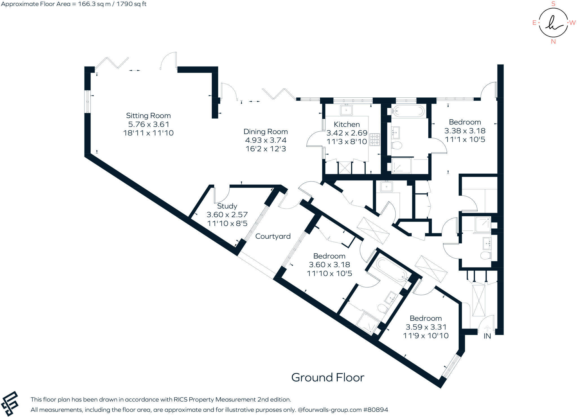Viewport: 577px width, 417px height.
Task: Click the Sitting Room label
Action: (148, 116)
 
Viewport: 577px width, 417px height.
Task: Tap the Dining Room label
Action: (265, 132)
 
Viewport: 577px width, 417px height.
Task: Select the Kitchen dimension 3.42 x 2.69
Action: (347, 133)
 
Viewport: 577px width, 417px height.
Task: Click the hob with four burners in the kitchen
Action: (375, 139)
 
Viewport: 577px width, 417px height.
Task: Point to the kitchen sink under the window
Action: (346, 110)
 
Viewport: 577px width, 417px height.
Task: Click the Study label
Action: (227, 206)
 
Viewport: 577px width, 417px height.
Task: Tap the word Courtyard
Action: (273, 236)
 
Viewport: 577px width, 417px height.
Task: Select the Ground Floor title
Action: (328, 377)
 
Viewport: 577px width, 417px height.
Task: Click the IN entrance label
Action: (487, 336)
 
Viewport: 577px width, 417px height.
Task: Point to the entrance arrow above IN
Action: (487, 328)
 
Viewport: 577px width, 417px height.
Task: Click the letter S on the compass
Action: (553, 4)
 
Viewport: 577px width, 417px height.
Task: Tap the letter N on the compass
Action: (553, 41)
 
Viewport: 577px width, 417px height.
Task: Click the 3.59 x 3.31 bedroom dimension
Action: (426, 327)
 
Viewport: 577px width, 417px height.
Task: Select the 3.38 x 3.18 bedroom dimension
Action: (465, 131)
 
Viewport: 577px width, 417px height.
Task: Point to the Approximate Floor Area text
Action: (74, 4)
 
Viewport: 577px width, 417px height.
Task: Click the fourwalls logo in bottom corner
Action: (10, 404)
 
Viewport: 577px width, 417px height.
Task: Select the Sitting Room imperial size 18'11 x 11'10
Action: (148, 133)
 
